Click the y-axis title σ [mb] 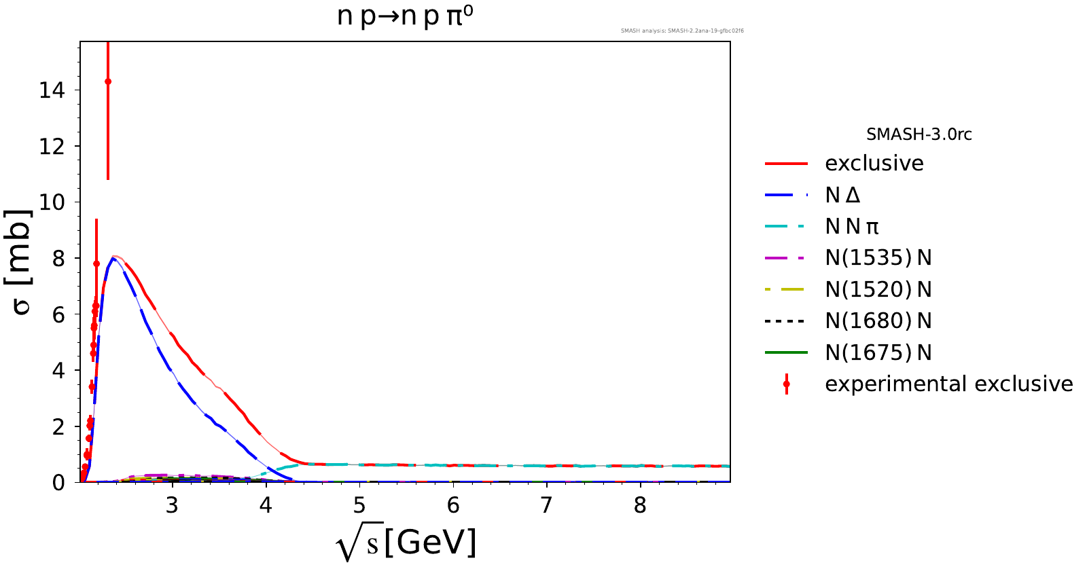coord(22,262)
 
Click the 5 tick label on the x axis coord(359,506)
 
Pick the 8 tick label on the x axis coord(640,506)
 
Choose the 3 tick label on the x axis coord(173,506)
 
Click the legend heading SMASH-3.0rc coord(919,134)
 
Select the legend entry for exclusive coord(874,164)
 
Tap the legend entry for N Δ coord(842,196)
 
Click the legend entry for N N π coord(852,227)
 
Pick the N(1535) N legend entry coord(878,258)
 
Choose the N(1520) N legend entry coord(878,290)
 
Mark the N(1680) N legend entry coord(878,321)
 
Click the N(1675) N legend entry coord(878,353)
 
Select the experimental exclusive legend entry coord(948,384)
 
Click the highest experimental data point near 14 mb coord(108,81)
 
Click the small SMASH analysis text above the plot coord(682,31)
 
